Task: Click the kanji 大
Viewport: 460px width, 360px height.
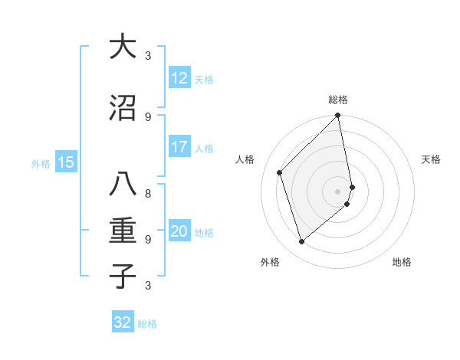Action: pyautogui.click(x=123, y=47)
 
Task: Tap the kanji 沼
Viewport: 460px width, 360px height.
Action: pyautogui.click(x=123, y=108)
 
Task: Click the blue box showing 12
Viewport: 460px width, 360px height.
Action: pyautogui.click(x=179, y=78)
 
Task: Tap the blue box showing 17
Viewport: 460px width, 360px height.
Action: pyautogui.click(x=179, y=147)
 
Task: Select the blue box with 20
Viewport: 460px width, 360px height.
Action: pyautogui.click(x=179, y=232)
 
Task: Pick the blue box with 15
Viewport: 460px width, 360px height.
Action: pyautogui.click(x=66, y=162)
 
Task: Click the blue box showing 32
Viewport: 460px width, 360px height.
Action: pyautogui.click(x=123, y=322)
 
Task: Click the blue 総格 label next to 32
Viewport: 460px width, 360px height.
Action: pyautogui.click(x=147, y=324)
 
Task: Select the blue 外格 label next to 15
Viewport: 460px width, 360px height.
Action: pyautogui.click(x=41, y=163)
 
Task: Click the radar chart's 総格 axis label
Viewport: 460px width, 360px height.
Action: pyautogui.click(x=338, y=100)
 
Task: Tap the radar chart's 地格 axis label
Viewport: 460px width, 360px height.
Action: pyautogui.click(x=402, y=263)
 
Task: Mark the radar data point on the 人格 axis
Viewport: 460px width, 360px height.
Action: pyautogui.click(x=280, y=172)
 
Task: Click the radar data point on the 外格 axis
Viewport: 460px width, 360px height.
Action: pyautogui.click(x=301, y=242)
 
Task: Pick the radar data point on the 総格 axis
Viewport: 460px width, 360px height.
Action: pyautogui.click(x=338, y=116)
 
